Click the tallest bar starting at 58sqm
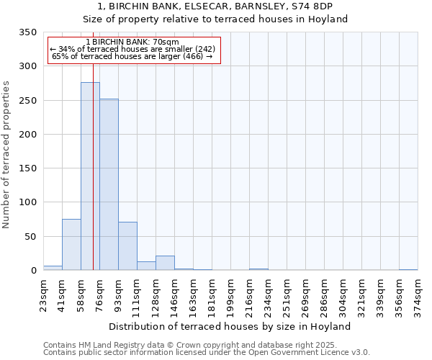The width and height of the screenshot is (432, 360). click(90, 176)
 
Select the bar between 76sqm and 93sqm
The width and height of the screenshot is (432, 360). click(109, 184)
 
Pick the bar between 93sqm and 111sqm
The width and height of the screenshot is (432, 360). click(127, 246)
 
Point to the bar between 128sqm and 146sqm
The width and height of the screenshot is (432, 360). click(165, 263)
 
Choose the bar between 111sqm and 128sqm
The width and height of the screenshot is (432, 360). click(146, 266)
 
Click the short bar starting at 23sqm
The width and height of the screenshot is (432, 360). click(53, 268)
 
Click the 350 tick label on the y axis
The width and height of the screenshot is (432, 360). click(28, 32)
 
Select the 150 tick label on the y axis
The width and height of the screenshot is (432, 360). click(28, 168)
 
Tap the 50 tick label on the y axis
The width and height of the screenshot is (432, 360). click(31, 236)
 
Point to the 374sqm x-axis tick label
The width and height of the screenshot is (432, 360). click(418, 294)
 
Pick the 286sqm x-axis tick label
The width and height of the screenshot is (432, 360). click(324, 294)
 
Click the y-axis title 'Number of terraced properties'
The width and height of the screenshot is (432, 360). click(6, 154)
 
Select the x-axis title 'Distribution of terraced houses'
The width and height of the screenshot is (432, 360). click(230, 326)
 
